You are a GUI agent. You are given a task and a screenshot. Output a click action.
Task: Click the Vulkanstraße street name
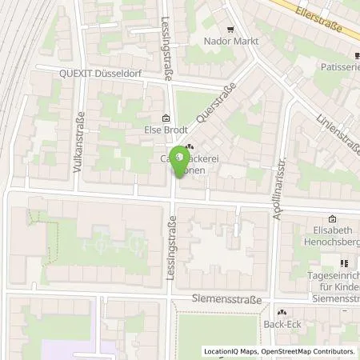pyautogui.click(x=79, y=128)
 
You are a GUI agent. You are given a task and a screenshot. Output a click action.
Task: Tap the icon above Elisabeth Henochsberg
pyautogui.click(x=333, y=219)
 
